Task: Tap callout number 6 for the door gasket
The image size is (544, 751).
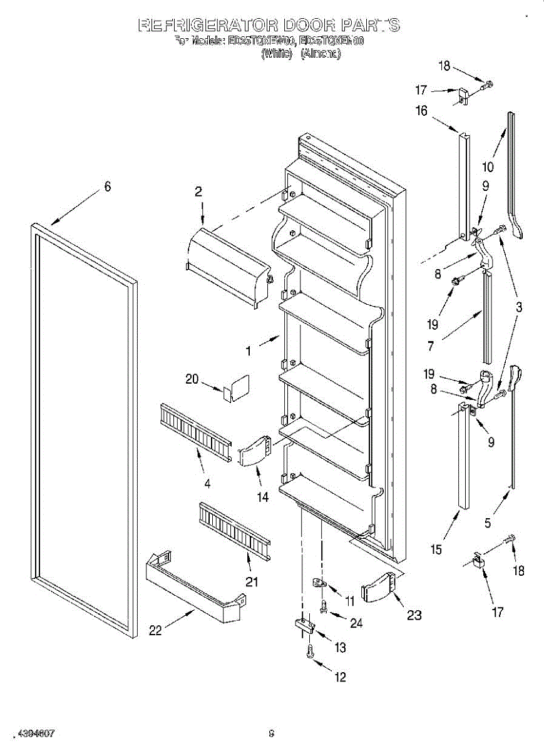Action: (107, 186)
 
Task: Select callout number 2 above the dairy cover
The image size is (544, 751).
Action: (198, 192)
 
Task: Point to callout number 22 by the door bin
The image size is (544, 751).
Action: (155, 631)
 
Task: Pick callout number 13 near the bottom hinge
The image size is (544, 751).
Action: (340, 648)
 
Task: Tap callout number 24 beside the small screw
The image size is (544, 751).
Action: (356, 623)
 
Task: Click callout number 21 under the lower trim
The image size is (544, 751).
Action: (252, 582)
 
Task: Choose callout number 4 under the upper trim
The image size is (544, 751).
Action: (207, 483)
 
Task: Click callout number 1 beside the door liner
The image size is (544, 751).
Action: (249, 352)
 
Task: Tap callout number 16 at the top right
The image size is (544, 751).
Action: (421, 111)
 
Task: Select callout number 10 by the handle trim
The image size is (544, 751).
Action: (488, 167)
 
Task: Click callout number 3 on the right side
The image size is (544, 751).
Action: (519, 307)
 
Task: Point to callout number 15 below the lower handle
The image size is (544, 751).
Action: (436, 549)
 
